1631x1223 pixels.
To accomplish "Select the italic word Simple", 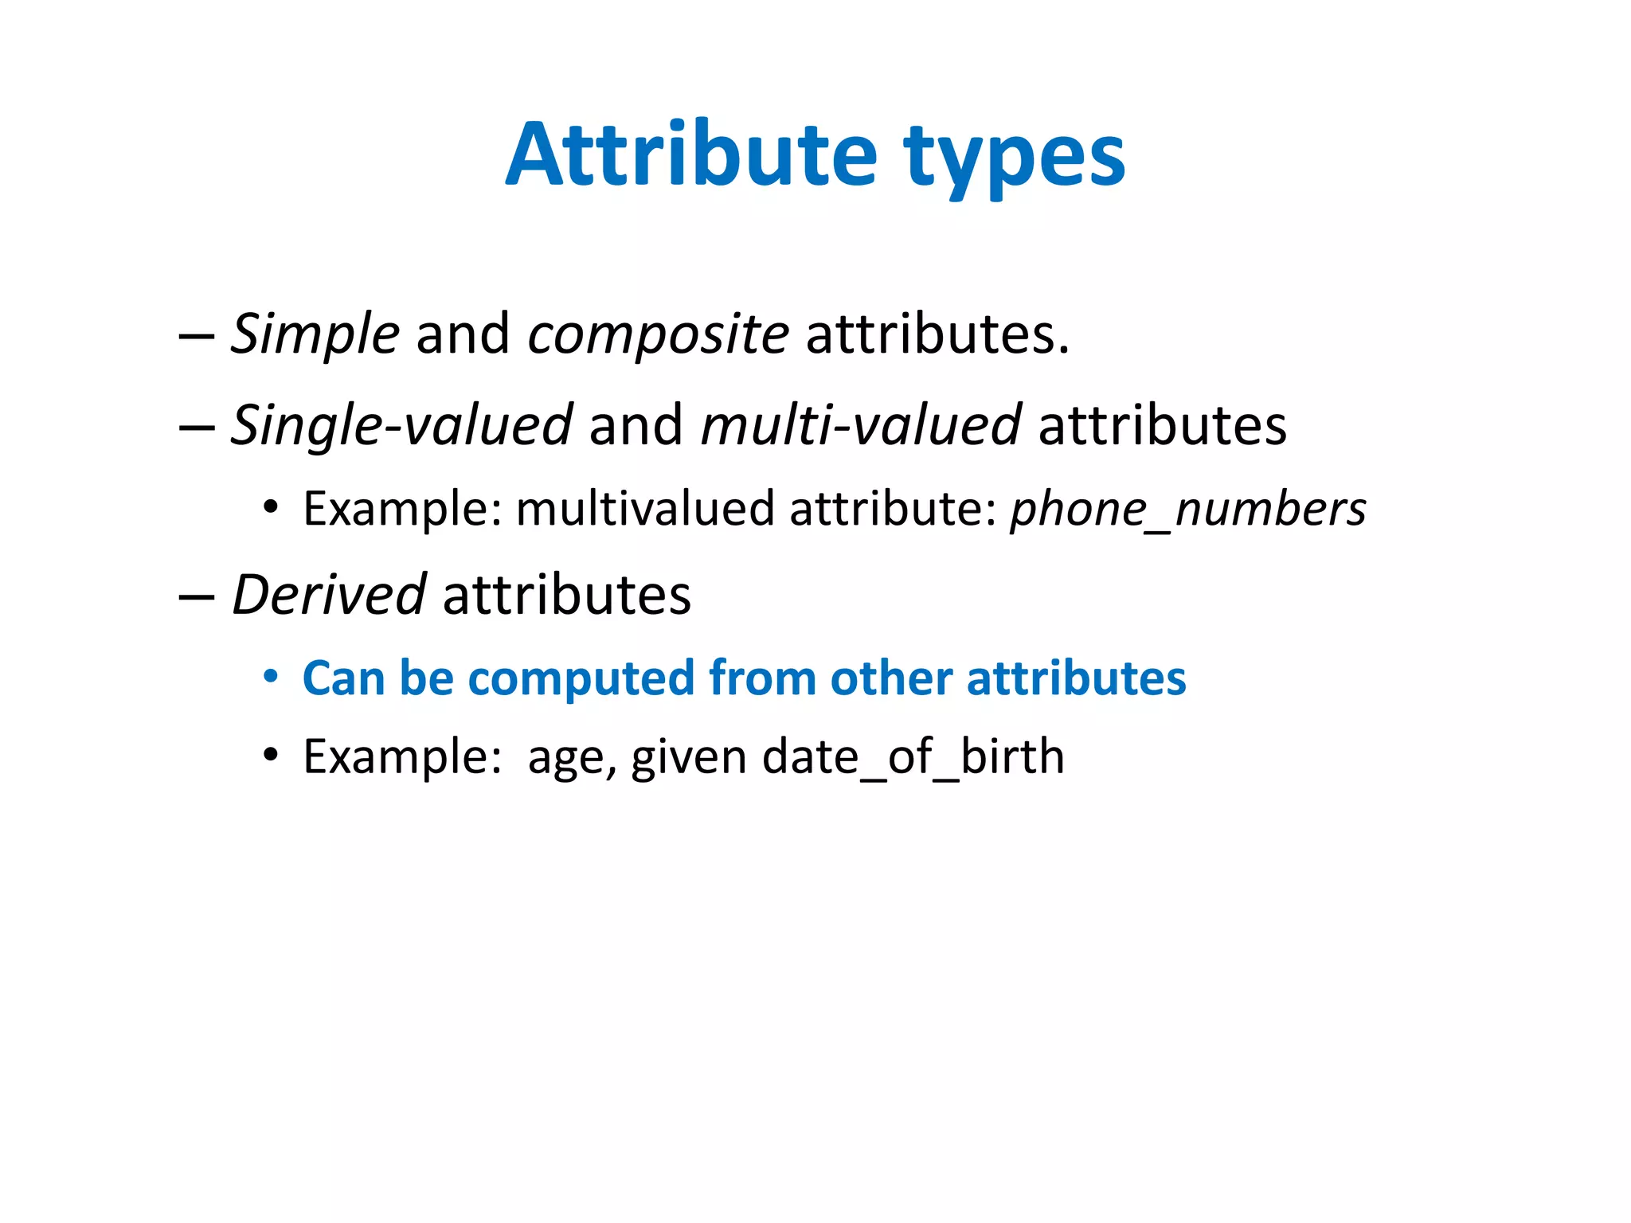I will (x=315, y=334).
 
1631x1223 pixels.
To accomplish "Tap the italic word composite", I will (x=658, y=335).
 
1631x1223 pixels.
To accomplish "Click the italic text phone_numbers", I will (x=1187, y=510).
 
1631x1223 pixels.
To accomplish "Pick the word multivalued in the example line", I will (x=644, y=509).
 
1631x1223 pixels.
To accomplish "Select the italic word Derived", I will (x=328, y=595).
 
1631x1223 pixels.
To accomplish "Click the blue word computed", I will (x=581, y=678).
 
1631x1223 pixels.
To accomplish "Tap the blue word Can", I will (x=343, y=678).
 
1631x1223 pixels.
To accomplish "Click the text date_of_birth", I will (x=913, y=756).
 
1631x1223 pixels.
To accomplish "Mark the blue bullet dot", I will (x=271, y=677).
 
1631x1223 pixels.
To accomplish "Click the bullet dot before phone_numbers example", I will (x=271, y=507).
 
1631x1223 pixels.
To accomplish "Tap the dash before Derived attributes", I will (x=197, y=596).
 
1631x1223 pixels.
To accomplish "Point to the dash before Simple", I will (x=197, y=335).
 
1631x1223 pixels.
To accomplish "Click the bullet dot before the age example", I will (x=271, y=754).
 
